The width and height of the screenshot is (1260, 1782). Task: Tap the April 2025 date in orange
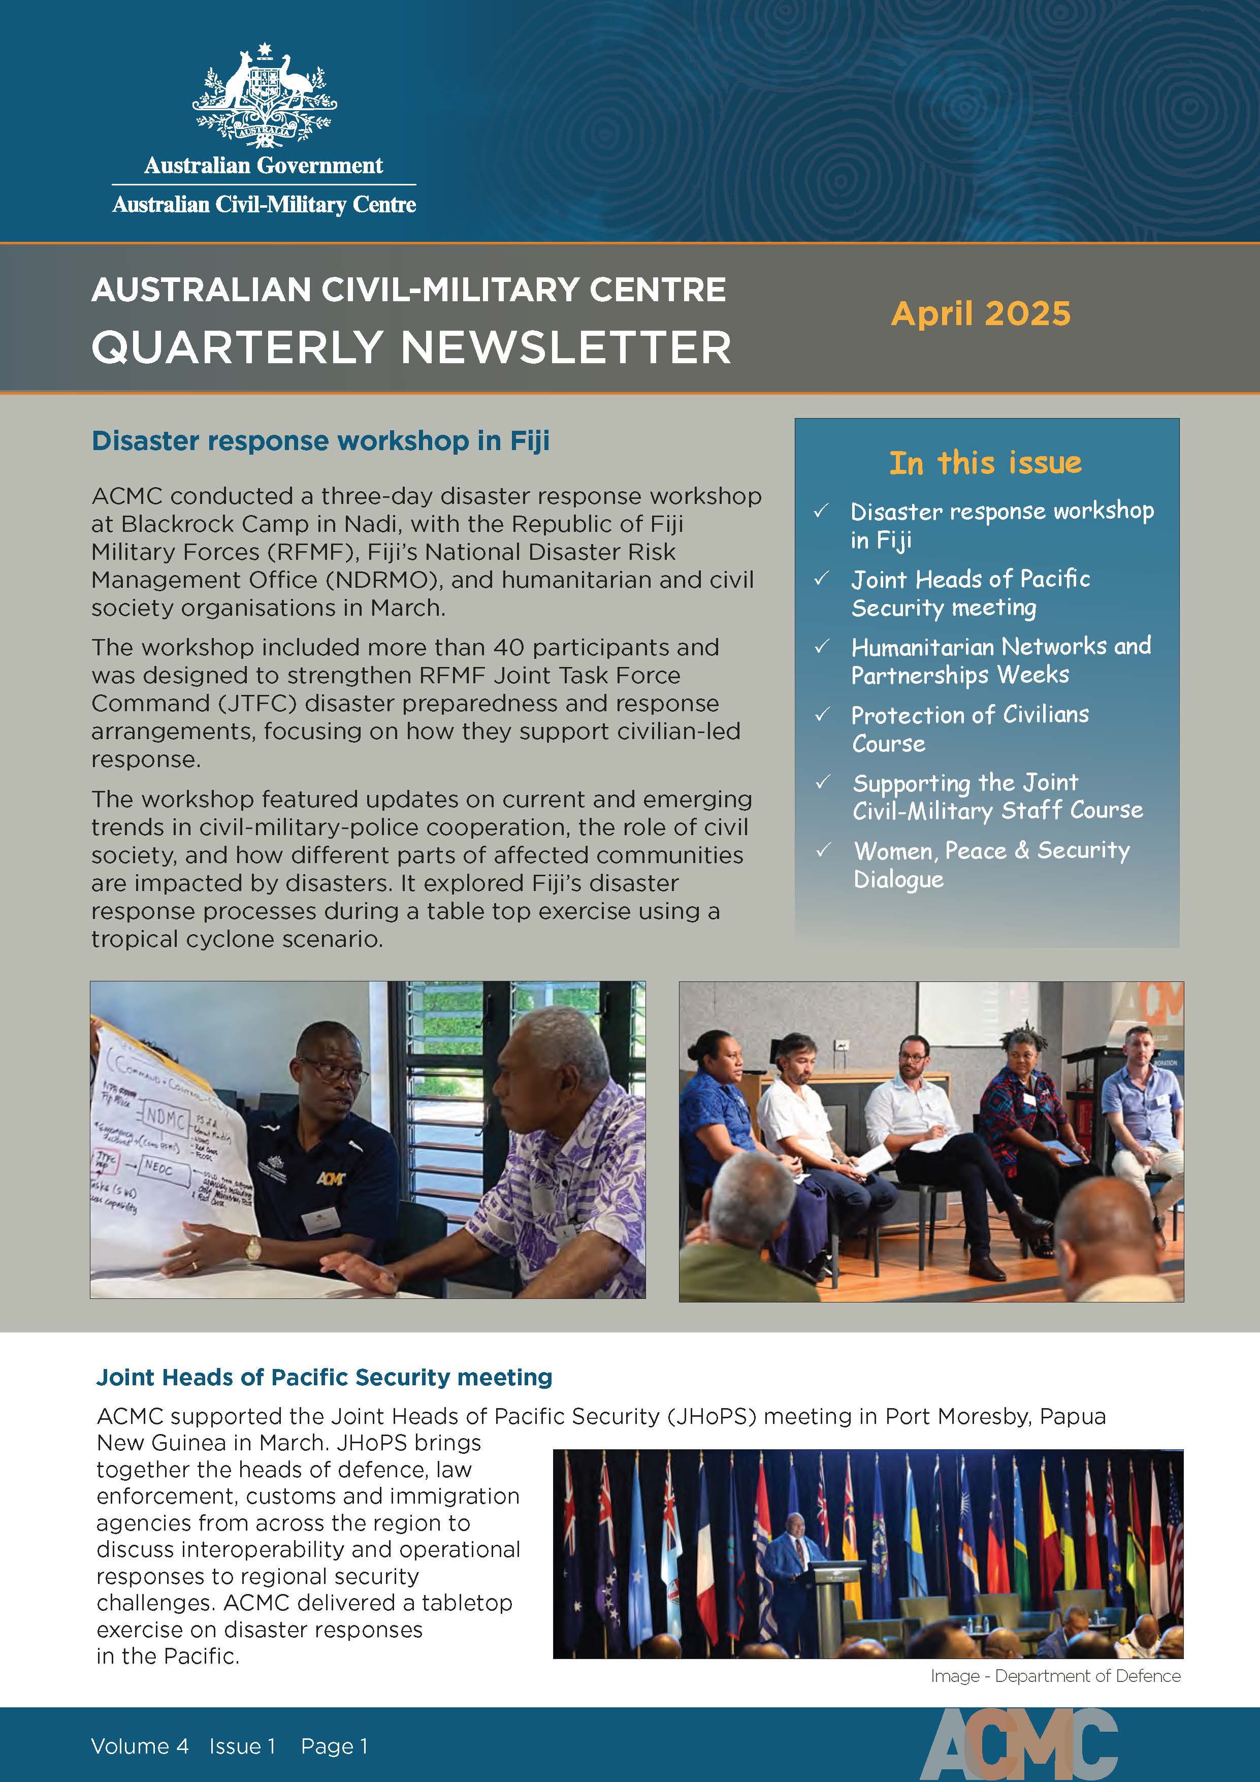[981, 313]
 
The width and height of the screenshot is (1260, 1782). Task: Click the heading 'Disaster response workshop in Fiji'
[320, 441]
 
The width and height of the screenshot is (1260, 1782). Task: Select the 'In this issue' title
[985, 463]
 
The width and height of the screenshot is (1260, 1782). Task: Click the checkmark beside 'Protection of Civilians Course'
[822, 715]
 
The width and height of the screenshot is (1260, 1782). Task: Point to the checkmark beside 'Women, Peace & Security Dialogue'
[823, 851]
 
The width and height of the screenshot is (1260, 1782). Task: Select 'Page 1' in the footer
[334, 1746]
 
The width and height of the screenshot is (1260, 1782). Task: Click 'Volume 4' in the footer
[140, 1746]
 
